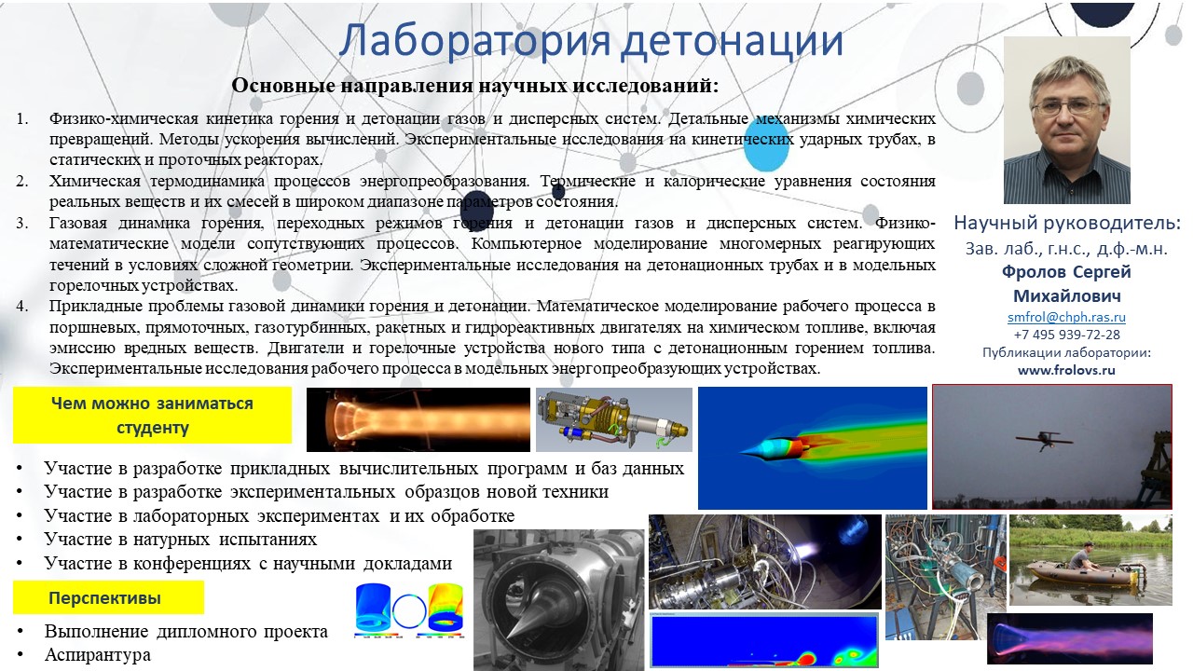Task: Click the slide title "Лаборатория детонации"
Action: [x=591, y=40]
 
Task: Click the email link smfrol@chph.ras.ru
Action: [x=1066, y=317]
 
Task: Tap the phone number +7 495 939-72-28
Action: [x=1066, y=335]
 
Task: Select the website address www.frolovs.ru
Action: [x=1066, y=370]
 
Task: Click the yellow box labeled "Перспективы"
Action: [x=108, y=597]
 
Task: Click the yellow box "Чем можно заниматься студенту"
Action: [x=152, y=415]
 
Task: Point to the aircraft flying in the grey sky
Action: [x=1044, y=440]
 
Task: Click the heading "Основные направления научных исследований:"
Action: [x=475, y=85]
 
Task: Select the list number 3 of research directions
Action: [x=21, y=223]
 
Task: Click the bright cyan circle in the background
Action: [x=765, y=146]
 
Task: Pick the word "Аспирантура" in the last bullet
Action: [x=98, y=654]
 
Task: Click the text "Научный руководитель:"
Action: [x=1067, y=223]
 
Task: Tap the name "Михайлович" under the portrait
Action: [x=1066, y=295]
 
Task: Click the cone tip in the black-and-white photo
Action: [x=507, y=640]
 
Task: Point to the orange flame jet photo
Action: [x=418, y=419]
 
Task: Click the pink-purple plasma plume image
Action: [x=1069, y=638]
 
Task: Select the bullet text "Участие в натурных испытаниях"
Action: [x=181, y=540]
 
